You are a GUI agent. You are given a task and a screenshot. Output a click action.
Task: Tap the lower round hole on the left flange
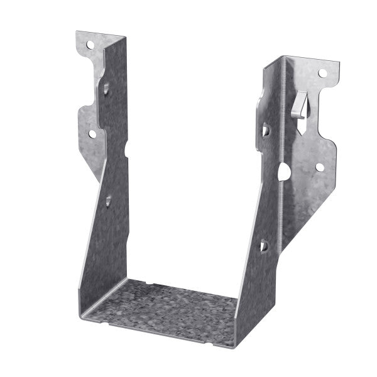point(92,133)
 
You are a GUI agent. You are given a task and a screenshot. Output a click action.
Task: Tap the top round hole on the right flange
point(322,74)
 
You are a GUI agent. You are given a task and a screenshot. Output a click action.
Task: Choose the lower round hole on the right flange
point(319,167)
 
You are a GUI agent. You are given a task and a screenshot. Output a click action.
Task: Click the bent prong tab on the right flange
point(300,102)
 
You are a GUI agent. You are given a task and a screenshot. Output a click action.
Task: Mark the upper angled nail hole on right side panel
point(265,131)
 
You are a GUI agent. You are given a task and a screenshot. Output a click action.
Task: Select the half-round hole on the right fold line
point(284,170)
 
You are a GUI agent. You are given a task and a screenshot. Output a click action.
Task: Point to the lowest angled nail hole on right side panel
point(264,246)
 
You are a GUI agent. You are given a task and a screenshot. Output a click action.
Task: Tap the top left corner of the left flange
point(77,32)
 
